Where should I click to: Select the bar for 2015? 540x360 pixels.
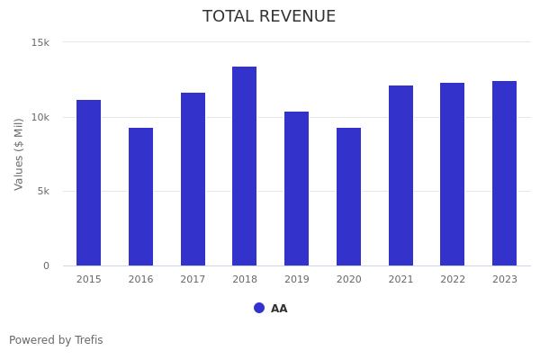[x=88, y=183]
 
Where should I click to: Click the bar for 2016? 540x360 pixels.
[x=140, y=196]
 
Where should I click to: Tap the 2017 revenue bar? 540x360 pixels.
[x=193, y=179]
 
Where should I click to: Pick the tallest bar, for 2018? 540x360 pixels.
[x=244, y=166]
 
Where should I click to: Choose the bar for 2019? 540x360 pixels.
[x=296, y=188]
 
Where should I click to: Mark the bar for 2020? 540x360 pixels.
[x=348, y=196]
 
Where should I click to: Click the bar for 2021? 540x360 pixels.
[x=400, y=175]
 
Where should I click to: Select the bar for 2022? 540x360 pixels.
[x=452, y=174]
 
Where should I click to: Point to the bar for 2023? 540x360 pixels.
[x=504, y=173]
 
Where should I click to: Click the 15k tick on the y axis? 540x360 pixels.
[x=40, y=42]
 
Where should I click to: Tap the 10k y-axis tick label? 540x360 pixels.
[x=40, y=117]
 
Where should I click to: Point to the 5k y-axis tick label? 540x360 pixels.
[x=42, y=192]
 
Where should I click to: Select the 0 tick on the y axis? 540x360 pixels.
[x=47, y=265]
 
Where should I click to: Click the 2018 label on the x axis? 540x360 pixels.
[x=245, y=280]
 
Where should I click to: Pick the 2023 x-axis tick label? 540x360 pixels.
[x=505, y=280]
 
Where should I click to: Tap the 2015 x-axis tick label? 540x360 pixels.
[x=89, y=280]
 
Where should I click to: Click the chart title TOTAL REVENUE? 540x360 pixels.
[x=269, y=17]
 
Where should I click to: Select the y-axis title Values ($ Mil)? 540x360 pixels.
[x=19, y=154]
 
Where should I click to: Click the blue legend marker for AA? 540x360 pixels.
[x=259, y=308]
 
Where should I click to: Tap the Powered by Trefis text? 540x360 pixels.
[x=56, y=340]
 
